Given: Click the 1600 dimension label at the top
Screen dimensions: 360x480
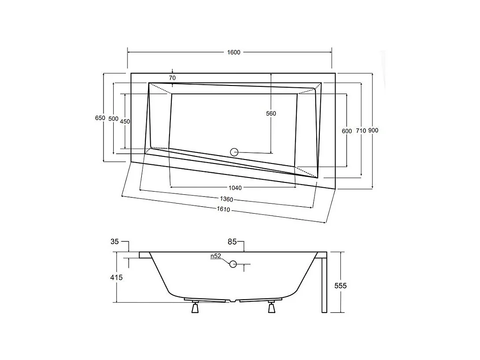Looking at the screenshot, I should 233,52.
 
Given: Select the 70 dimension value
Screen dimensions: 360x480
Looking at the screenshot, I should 172,78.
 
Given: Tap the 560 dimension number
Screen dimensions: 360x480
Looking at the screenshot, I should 271,114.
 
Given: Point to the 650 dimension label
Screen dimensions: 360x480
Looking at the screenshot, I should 100,118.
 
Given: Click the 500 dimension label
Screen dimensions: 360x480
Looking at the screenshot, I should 113,119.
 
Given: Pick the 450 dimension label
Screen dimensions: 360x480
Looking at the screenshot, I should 125,122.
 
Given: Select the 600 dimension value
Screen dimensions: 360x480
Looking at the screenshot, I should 347,131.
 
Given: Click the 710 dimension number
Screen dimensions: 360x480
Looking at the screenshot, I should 361,131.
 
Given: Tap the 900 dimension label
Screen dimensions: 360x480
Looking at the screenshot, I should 373,130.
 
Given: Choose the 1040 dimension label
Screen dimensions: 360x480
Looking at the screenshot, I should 235,188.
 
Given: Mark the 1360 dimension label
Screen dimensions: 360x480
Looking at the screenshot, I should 227,200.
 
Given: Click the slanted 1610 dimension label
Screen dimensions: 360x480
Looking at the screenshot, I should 224,210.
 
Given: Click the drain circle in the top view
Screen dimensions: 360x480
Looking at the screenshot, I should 234,152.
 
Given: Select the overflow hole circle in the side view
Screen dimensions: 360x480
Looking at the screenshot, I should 233,264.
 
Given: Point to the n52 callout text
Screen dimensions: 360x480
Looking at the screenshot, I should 215,256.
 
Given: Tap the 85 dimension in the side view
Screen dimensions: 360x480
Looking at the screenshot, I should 233,242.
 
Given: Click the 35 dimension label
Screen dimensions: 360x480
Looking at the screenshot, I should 114,241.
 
